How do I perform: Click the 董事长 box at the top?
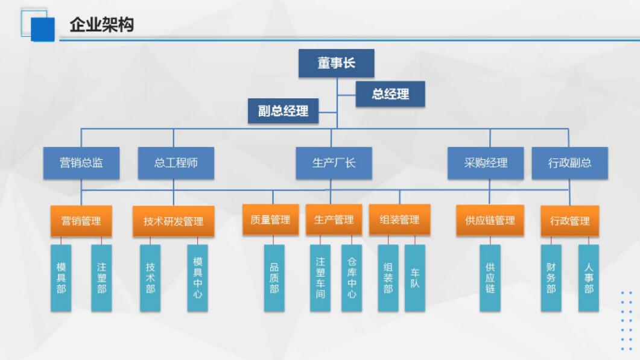click(x=337, y=63)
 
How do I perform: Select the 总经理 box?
click(x=390, y=94)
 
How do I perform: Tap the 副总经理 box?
click(x=284, y=110)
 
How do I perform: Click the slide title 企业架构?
click(x=101, y=25)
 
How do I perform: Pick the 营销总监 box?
click(x=81, y=163)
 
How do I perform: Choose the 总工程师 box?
click(x=176, y=163)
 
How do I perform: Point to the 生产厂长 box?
click(x=334, y=163)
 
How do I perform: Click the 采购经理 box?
click(x=486, y=163)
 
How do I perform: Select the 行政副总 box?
click(x=569, y=163)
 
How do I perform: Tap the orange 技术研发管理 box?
click(x=174, y=221)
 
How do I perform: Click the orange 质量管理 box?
click(x=270, y=220)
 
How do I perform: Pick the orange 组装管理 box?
click(x=399, y=220)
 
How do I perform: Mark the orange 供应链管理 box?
click(x=490, y=221)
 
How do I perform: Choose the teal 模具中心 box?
click(x=197, y=278)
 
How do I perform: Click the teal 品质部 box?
click(x=274, y=278)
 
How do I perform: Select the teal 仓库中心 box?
click(x=352, y=278)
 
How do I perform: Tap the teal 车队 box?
click(x=415, y=278)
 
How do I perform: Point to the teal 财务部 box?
click(x=551, y=278)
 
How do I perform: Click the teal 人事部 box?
click(x=589, y=278)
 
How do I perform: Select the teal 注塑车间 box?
click(x=320, y=278)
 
